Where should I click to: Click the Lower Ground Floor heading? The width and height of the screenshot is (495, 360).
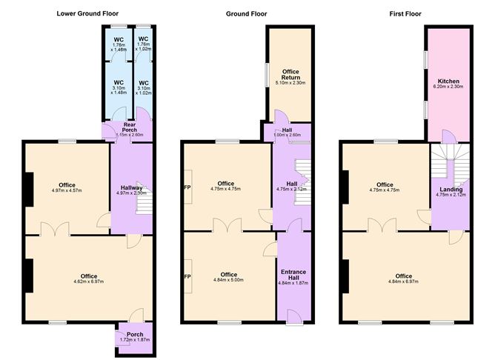pyautogui.click(x=87, y=13)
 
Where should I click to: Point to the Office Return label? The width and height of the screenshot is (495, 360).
pyautogui.click(x=290, y=75)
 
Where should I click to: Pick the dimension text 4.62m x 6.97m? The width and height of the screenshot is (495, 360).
pyautogui.click(x=88, y=281)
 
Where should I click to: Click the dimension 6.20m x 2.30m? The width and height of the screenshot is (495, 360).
pyautogui.click(x=449, y=87)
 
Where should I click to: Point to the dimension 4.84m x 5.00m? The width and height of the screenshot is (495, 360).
pyautogui.click(x=228, y=279)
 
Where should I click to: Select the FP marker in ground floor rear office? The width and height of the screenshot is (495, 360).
pyautogui.click(x=187, y=187)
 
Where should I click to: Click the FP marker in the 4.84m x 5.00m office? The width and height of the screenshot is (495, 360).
pyautogui.click(x=187, y=276)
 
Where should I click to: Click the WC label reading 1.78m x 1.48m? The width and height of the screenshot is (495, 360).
pyautogui.click(x=118, y=47)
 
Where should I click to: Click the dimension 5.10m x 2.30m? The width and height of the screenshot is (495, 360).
pyautogui.click(x=290, y=83)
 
